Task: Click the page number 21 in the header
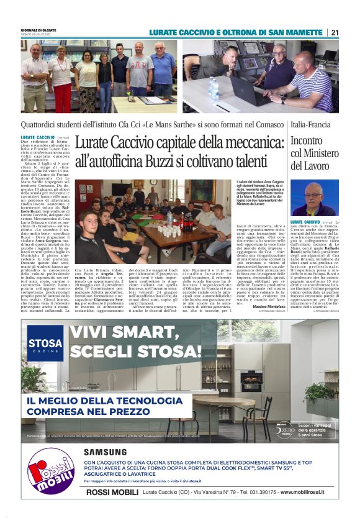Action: pyautogui.click(x=335, y=32)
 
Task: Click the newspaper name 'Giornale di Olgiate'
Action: pyautogui.click(x=38, y=30)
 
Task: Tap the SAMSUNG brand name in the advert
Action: pyautogui.click(x=105, y=452)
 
